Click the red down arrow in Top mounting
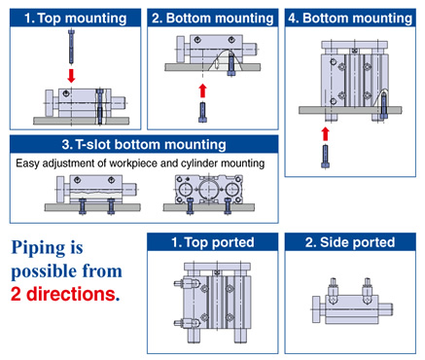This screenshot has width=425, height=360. tap(71, 75)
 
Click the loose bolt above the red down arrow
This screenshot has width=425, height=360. tap(71, 46)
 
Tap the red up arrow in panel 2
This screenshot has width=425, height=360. tap(202, 90)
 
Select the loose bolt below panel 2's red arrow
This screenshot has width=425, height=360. tap(202, 112)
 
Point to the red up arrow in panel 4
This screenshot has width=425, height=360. tap(326, 134)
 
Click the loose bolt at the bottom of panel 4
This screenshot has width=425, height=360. tap(326, 157)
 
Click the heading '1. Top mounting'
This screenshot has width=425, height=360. tap(76, 18)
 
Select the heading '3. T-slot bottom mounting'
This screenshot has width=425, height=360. tap(144, 144)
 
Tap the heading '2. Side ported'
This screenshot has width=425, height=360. tap(350, 242)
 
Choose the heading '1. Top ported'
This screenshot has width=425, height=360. tap(213, 242)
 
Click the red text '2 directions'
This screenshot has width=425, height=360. tap(63, 294)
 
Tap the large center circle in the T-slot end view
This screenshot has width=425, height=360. tap(208, 189)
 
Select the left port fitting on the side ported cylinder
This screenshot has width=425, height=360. tap(334, 291)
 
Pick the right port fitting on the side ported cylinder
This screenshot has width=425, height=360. tap(368, 291)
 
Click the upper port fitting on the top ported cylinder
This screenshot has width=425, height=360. tap(187, 283)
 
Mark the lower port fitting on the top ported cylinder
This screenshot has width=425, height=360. tap(187, 323)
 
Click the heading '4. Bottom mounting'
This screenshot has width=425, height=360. tap(350, 18)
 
